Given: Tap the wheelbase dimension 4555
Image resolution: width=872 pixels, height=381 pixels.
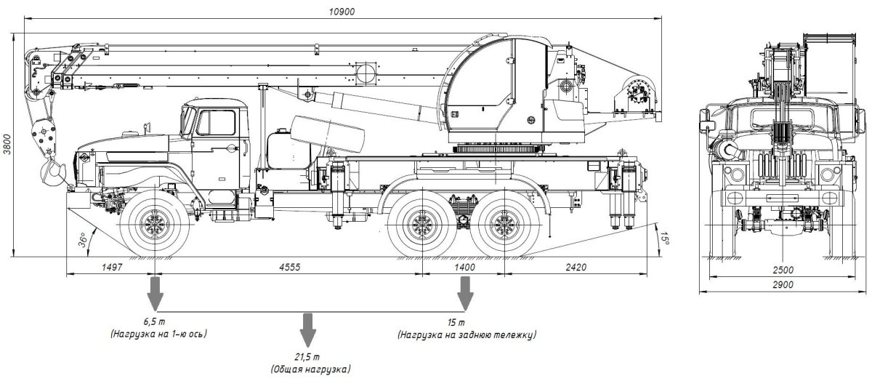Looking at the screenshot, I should tap(291, 268).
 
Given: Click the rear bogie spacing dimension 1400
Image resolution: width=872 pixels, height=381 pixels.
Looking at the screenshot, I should tap(464, 268).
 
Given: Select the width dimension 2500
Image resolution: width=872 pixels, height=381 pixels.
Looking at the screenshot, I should tap(783, 270).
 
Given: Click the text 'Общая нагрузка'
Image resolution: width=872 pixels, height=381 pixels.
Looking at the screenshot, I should tap(309, 370).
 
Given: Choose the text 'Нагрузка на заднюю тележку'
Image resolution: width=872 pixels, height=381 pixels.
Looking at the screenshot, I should tap(467, 335).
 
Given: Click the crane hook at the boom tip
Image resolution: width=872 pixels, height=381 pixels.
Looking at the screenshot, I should tap(52, 174).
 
